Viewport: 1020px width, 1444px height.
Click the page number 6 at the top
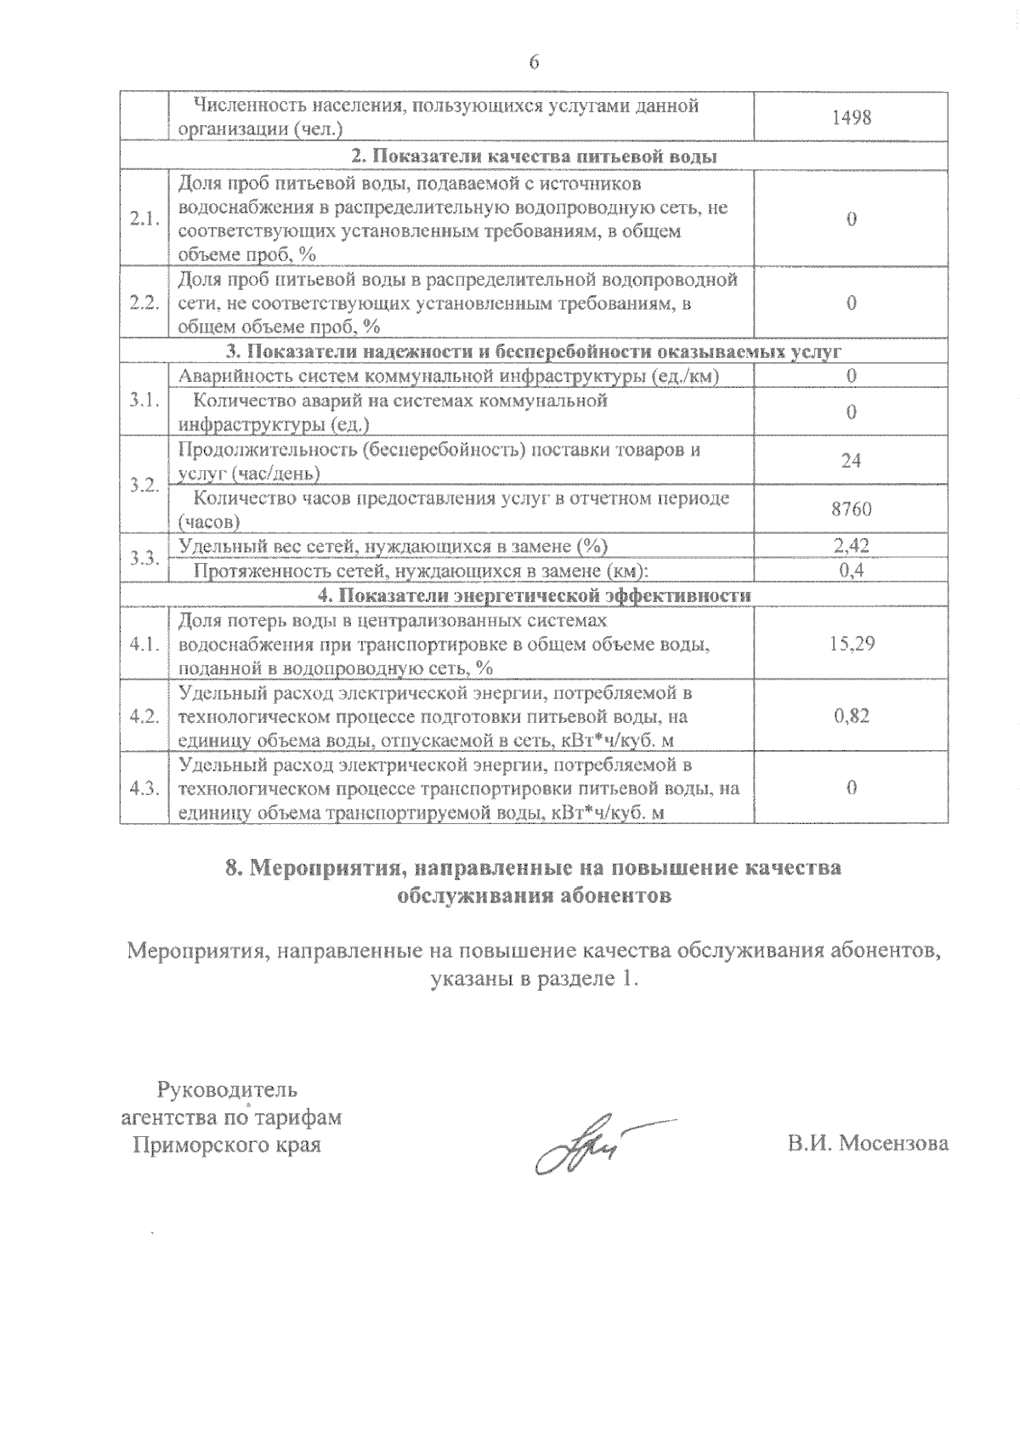click(534, 62)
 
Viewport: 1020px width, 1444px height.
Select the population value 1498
click(852, 117)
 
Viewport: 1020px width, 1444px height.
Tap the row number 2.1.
click(144, 219)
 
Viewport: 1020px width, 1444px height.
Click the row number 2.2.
click(144, 303)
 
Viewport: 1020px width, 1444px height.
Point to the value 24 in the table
click(852, 461)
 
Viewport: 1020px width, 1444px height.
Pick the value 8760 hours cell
click(852, 509)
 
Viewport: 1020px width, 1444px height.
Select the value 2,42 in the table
click(852, 545)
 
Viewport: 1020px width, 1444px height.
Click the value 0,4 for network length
click(852, 571)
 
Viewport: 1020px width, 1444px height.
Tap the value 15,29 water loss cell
click(852, 644)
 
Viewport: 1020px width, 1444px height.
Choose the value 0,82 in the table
click(852, 716)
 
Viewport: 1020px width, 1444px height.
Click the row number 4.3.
click(144, 788)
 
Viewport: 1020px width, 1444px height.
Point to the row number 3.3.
click(144, 558)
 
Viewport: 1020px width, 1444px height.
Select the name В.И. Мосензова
click(868, 1144)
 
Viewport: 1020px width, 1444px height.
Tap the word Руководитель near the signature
click(227, 1089)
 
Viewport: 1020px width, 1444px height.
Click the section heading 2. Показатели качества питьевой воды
click(534, 157)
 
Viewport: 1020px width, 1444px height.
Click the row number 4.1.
click(144, 644)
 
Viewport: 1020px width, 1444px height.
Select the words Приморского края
click(227, 1145)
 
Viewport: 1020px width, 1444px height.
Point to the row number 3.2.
click(144, 486)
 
